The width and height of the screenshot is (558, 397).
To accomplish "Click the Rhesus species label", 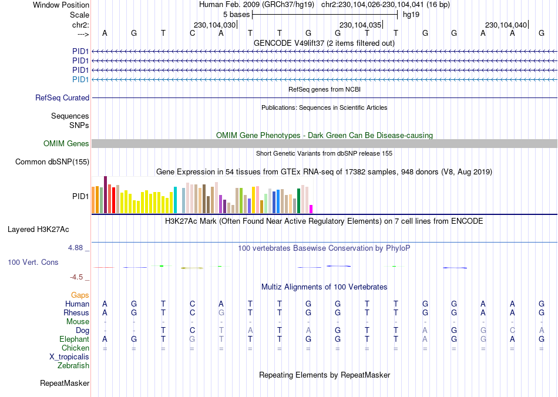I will point(76,313).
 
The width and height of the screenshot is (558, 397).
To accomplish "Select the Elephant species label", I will point(74,339).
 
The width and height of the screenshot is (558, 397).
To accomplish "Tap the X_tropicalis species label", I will point(69,357).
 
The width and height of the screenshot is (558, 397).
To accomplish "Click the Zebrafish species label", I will point(73,366).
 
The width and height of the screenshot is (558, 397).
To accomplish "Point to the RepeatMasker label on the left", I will point(65,383).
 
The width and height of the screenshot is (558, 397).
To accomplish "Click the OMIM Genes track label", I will point(66,144).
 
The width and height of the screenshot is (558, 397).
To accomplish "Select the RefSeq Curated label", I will point(62,98).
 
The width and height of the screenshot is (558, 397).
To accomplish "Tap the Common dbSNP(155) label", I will point(52,162).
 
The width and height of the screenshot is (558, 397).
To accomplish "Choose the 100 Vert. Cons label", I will point(33,262).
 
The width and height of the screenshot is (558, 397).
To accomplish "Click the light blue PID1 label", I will point(80,79).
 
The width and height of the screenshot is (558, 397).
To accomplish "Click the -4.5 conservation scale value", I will point(77,277).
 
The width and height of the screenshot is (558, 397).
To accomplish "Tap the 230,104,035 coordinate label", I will point(360,25).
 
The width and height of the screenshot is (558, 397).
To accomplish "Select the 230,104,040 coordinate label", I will point(506,25).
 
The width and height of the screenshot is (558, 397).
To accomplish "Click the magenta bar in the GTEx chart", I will point(311,208).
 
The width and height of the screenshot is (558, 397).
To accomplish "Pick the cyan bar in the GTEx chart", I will point(175,200).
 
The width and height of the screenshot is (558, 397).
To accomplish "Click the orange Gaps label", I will point(80,295).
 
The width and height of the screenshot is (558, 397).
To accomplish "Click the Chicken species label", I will point(75,348).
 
